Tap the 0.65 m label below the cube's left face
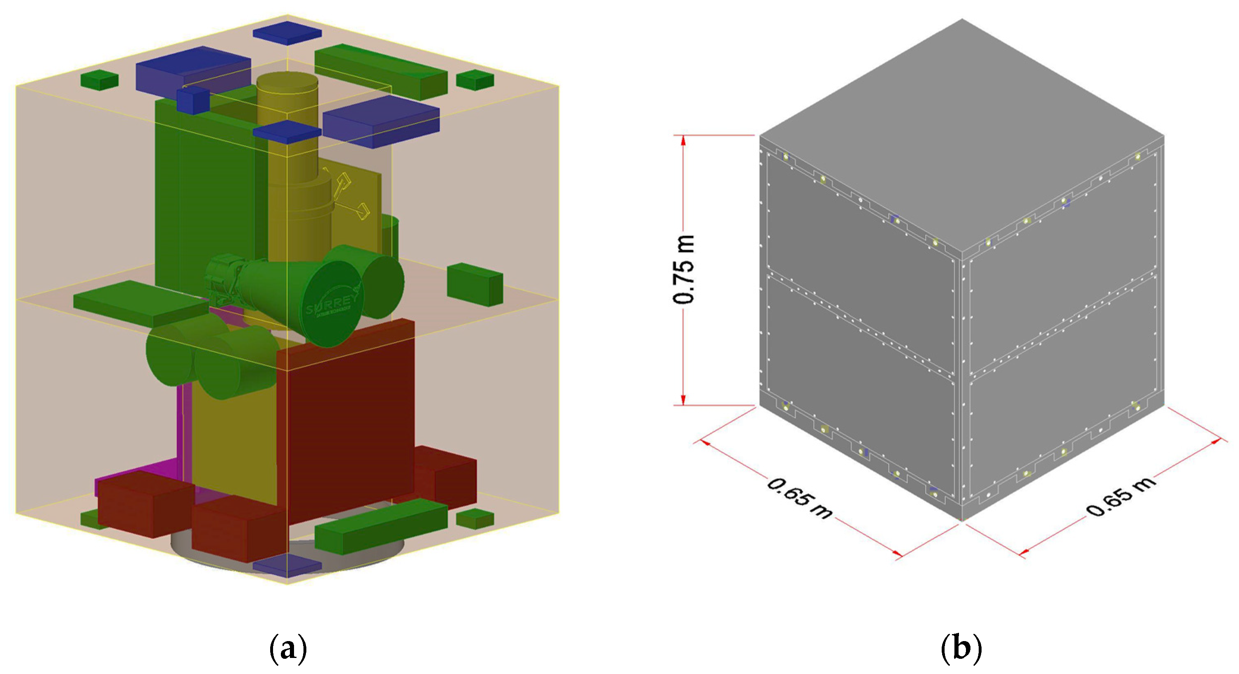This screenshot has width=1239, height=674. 799,499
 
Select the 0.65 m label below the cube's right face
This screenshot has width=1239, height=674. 1121,496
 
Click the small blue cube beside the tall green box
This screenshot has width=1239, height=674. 192,101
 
